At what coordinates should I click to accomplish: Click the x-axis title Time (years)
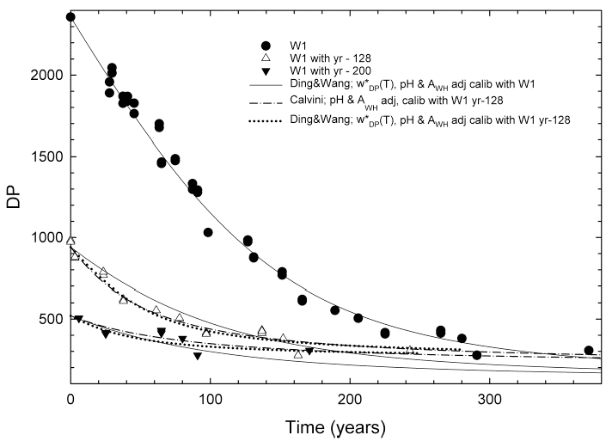click(334, 426)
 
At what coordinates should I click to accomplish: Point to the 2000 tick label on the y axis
click(45, 76)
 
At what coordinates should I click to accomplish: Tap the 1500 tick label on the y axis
click(45, 156)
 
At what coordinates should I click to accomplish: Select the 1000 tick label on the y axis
click(45, 238)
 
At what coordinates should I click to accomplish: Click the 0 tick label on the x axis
click(70, 399)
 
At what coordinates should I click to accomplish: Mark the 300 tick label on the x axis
click(490, 399)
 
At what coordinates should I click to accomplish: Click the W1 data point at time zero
click(70, 17)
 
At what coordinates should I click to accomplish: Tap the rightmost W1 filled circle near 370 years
click(589, 351)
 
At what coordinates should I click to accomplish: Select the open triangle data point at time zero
click(70, 241)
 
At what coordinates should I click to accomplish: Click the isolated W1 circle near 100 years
click(208, 232)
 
